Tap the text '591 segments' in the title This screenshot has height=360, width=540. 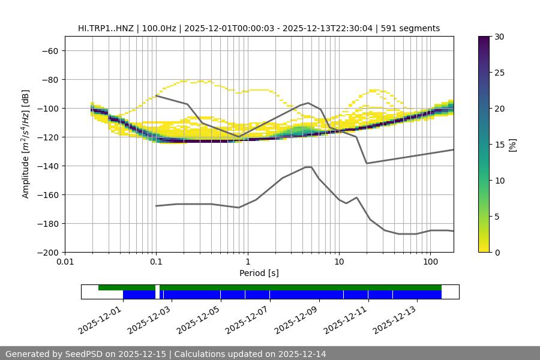(414, 28)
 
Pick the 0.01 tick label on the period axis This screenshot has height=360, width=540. (65, 262)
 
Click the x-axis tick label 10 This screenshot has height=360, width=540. (338, 262)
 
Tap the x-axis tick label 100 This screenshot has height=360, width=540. (430, 262)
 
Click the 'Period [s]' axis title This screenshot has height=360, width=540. (259, 273)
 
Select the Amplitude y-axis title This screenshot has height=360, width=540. (26, 144)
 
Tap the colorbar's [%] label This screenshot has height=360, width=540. (512, 145)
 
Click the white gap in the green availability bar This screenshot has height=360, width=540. (157, 287)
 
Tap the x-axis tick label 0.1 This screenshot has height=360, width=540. (156, 262)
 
